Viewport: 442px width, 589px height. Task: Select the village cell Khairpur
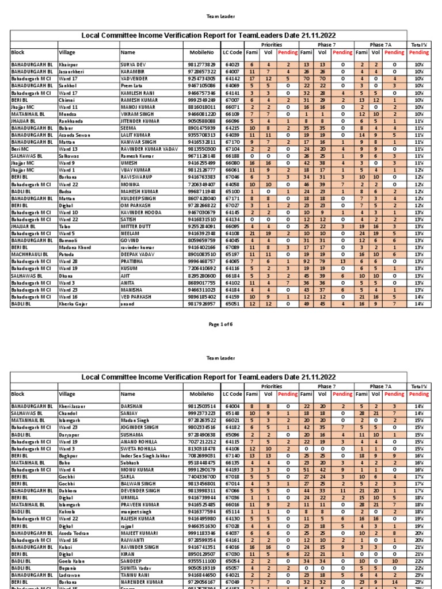(69, 64)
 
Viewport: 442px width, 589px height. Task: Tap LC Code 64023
(233, 64)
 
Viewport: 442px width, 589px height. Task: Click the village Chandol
(68, 412)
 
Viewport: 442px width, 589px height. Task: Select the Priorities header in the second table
(272, 385)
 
